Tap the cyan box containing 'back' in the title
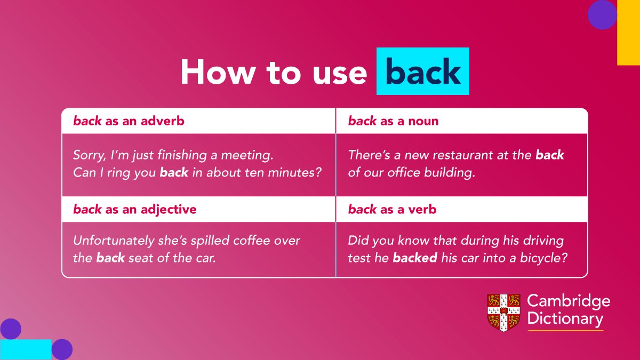[x=423, y=71]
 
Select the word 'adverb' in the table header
[x=162, y=121]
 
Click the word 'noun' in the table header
[x=423, y=121]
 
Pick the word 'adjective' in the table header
[x=169, y=210]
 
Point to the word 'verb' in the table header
[x=422, y=210]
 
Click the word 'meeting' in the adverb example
[x=247, y=155]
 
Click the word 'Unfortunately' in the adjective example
[x=114, y=241]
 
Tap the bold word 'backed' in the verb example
[x=415, y=258]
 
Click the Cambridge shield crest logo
[x=503, y=313]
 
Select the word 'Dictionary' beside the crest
[x=565, y=318]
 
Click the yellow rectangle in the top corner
[x=629, y=33]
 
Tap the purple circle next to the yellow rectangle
[x=602, y=14]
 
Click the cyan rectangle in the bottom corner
[x=26, y=349]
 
